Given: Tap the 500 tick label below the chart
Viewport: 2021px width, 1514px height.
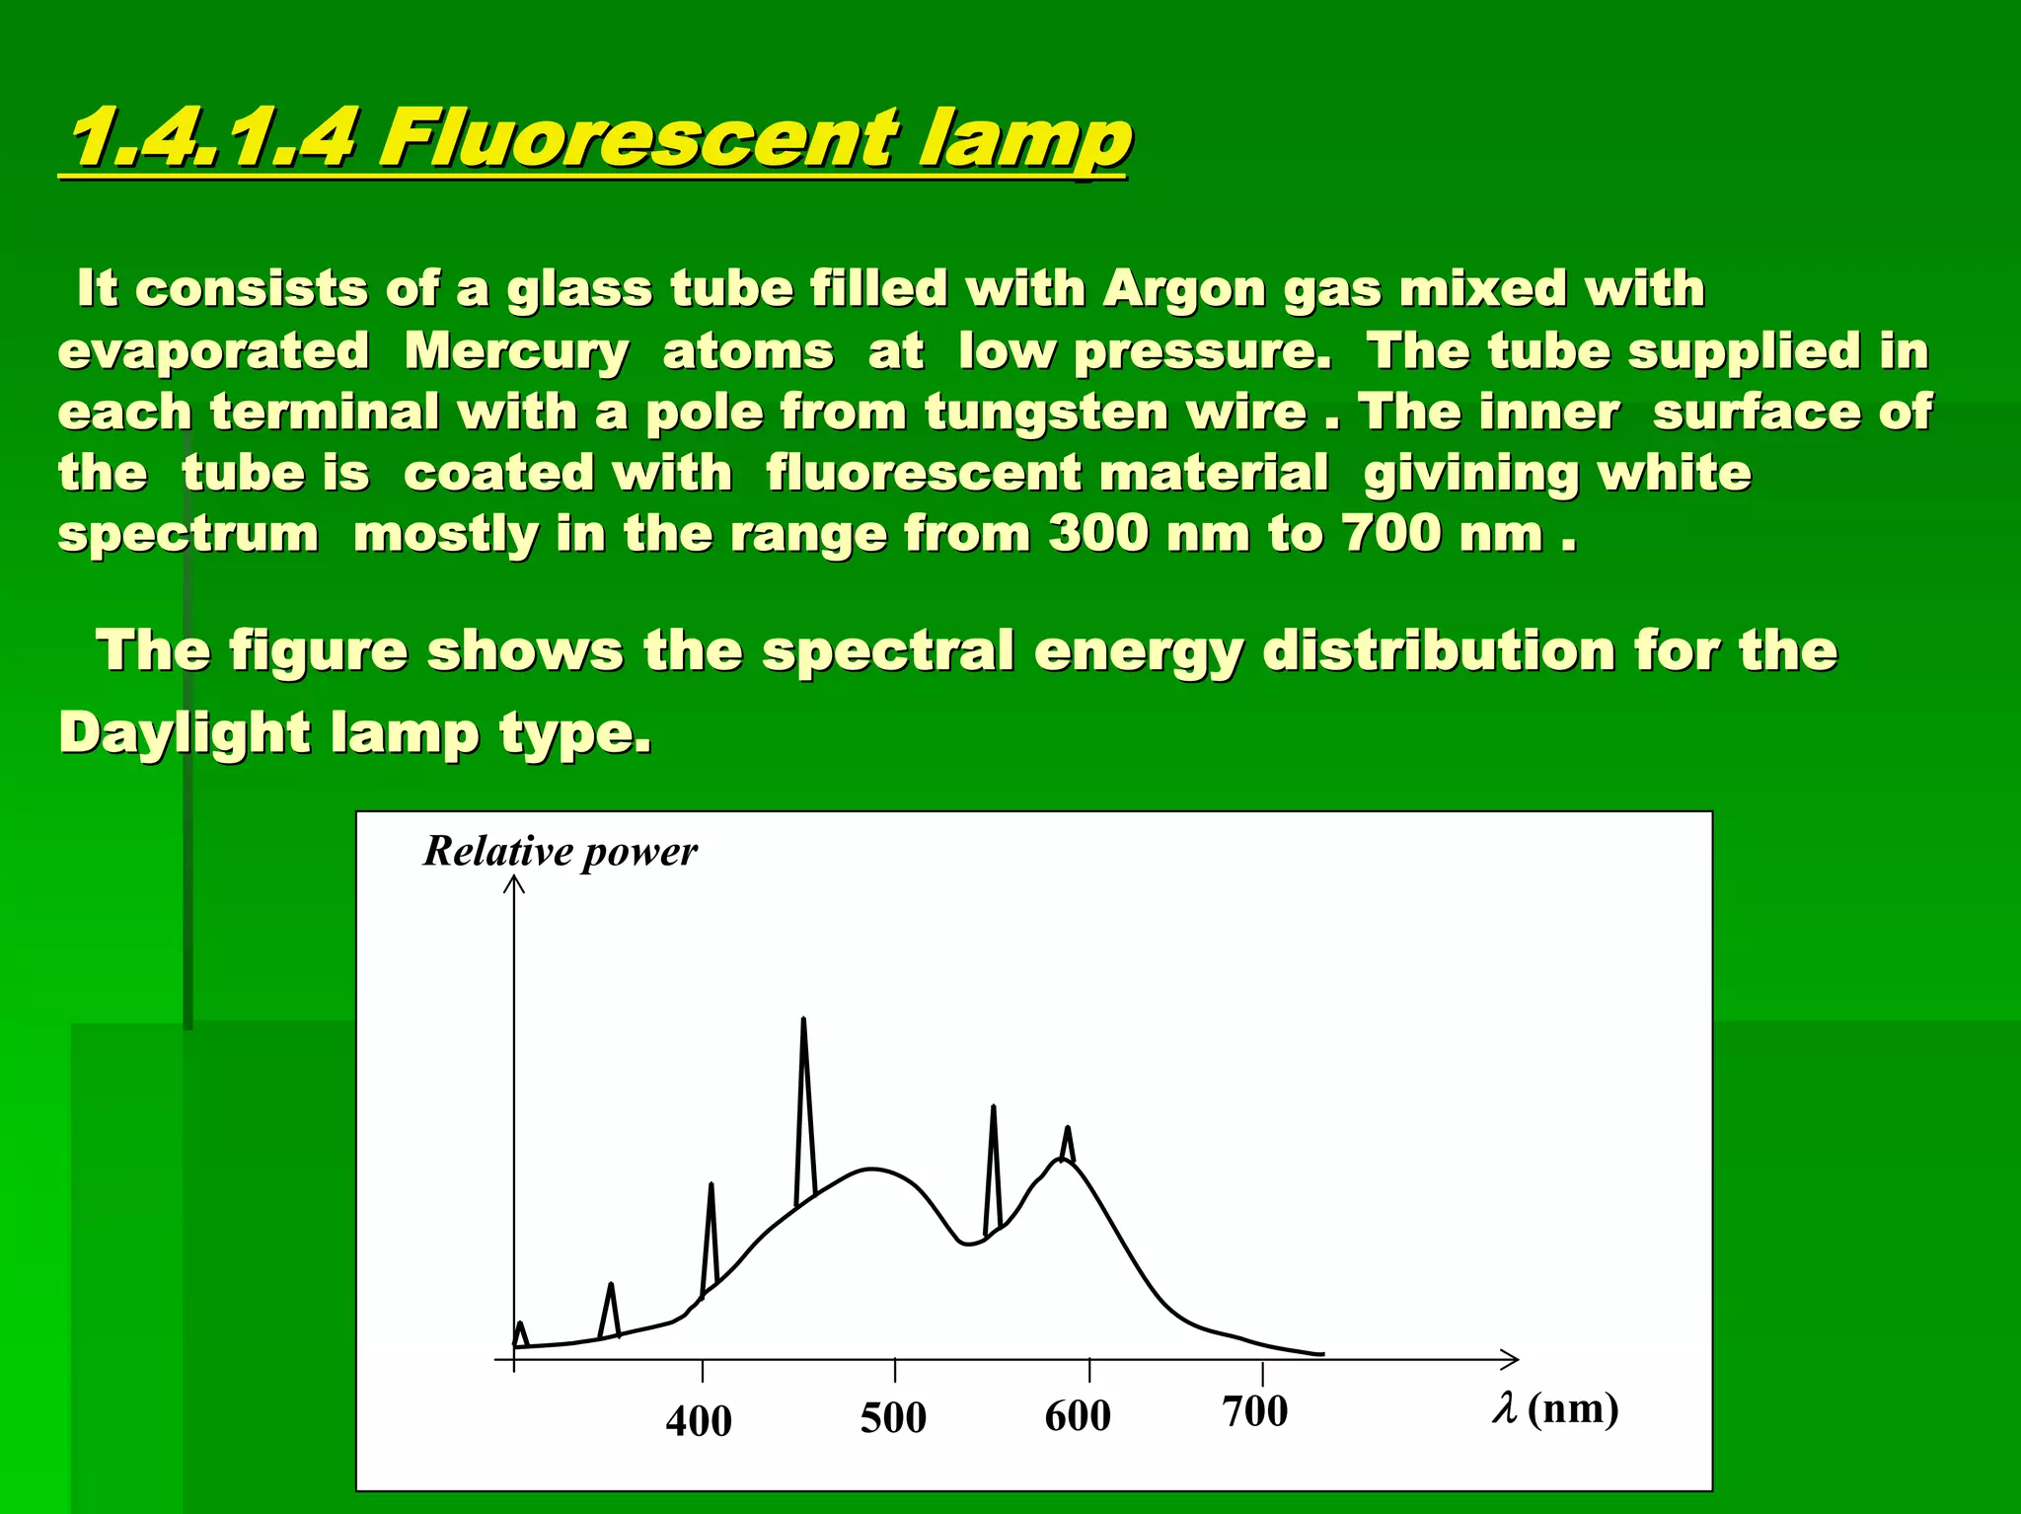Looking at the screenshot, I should [893, 1418].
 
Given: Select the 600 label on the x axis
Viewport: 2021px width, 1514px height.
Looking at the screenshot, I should [1078, 1416].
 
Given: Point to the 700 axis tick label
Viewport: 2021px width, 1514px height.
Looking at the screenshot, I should [1255, 1412].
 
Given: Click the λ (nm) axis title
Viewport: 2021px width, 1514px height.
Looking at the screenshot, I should [1555, 1408].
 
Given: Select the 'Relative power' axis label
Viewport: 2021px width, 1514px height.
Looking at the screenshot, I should [560, 852].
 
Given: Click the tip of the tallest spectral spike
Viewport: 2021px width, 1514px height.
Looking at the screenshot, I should [803, 1020].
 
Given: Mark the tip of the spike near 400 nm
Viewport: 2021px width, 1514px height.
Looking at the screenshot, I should [711, 1185].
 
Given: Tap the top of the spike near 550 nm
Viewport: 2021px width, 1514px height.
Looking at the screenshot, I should [993, 1108].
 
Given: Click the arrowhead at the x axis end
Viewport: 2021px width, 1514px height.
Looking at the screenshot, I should [1513, 1360].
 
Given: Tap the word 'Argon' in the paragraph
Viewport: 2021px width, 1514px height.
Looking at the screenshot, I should [1184, 289].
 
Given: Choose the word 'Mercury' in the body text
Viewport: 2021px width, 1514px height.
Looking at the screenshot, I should [516, 351].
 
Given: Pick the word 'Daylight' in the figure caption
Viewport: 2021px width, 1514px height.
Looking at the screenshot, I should [185, 733].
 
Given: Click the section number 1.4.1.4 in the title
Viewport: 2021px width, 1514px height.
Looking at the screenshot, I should [211, 137].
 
